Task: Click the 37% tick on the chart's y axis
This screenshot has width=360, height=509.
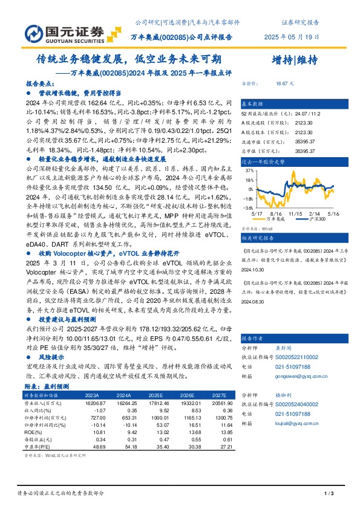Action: tap(249, 172)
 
